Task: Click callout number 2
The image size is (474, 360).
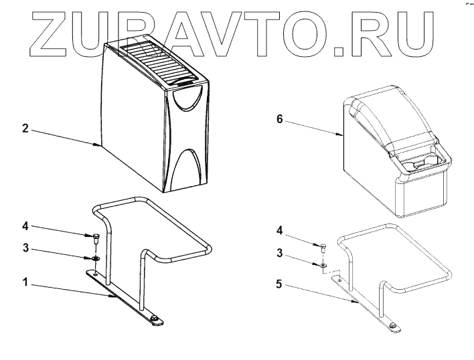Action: tap(25, 128)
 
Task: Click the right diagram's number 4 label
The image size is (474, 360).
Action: tap(280, 231)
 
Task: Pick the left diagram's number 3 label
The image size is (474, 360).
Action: tap(25, 248)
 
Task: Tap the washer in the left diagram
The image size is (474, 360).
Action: tap(95, 257)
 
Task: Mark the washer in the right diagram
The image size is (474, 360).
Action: tap(323, 265)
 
